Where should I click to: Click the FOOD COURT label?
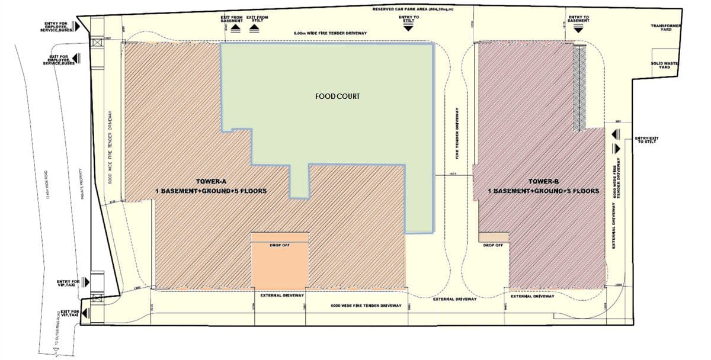click(x=338, y=96)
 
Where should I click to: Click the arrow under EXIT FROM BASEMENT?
click(x=236, y=27)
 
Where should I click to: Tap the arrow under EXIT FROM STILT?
click(x=256, y=27)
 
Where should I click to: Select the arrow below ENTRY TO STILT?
click(x=409, y=28)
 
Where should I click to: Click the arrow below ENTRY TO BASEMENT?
click(x=577, y=28)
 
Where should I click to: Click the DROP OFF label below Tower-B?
click(x=493, y=245)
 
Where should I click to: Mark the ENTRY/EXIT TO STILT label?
click(x=646, y=140)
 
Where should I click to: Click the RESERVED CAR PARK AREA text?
click(x=413, y=9)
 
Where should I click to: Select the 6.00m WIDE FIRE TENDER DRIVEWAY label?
click(x=330, y=33)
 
